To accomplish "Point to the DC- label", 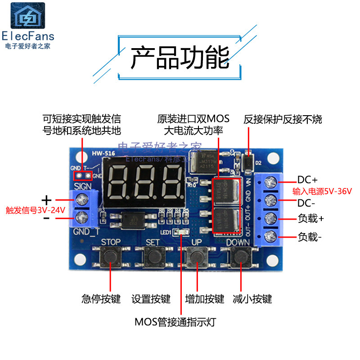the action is (307, 202).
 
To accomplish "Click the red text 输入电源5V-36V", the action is (322, 191).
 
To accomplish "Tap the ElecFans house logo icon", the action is (28, 16).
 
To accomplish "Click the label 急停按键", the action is (101, 299).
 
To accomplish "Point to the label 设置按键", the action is (151, 299).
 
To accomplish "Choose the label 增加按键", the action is (205, 299).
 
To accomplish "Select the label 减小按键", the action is (252, 299).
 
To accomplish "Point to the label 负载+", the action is (311, 219).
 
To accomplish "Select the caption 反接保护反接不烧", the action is (283, 119).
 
